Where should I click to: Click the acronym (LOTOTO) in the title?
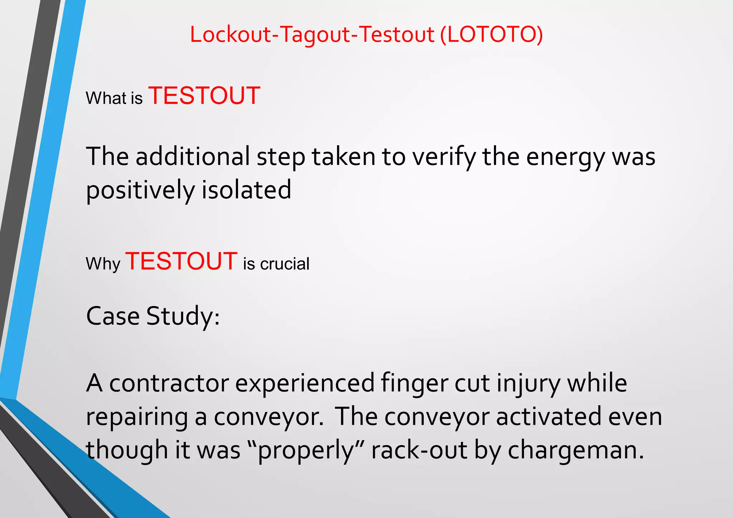pos(491,35)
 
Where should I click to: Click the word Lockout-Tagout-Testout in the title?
pos(312,35)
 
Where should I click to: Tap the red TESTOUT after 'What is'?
pos(204,96)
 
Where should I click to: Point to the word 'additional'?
pos(193,157)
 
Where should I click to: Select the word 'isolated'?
pos(246,190)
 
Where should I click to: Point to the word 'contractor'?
pos(169,383)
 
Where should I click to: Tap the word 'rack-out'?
pos(419,450)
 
